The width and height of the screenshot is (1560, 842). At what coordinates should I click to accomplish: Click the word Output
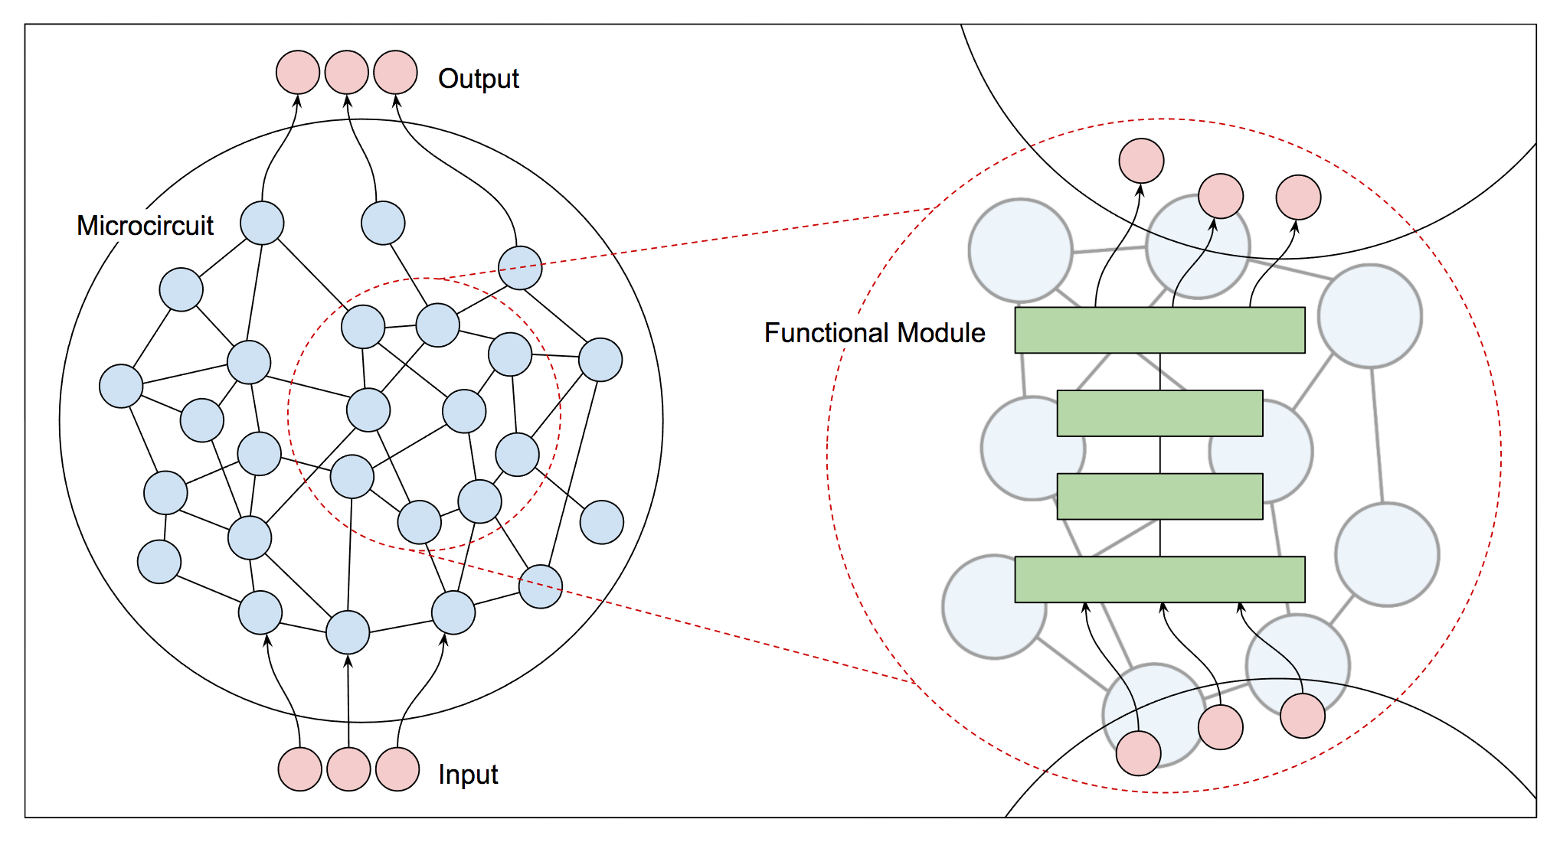click(478, 79)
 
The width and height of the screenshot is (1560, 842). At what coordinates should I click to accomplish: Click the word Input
click(467, 775)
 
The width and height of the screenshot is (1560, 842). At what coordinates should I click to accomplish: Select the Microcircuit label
click(145, 226)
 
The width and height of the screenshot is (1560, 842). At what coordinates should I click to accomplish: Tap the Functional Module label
click(874, 333)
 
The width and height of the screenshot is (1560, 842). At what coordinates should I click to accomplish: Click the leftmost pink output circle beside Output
click(298, 73)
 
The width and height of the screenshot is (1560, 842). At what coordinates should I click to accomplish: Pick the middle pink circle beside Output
click(347, 73)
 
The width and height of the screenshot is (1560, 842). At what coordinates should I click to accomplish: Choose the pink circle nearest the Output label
click(395, 73)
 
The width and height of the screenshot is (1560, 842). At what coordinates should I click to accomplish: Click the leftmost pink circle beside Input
click(299, 769)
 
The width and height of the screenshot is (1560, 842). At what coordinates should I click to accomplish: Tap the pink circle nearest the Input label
click(397, 769)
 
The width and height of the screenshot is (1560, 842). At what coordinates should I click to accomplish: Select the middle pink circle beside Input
click(348, 769)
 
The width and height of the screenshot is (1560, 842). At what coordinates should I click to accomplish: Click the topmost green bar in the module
click(1159, 330)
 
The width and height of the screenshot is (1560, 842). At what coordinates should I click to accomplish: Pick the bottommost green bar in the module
click(1159, 579)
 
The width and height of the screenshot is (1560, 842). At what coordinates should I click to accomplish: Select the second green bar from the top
click(1159, 413)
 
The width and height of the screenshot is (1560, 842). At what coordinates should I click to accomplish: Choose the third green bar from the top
click(1159, 497)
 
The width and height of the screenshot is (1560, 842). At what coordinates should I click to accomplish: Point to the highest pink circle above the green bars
click(1141, 161)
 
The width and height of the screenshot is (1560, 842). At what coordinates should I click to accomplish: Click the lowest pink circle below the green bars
click(1138, 753)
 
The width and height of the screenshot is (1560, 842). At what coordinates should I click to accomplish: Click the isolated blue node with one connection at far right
click(602, 522)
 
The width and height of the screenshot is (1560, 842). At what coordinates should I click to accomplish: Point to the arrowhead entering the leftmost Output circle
click(298, 100)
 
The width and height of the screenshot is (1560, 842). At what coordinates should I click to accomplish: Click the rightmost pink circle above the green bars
click(1298, 197)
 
